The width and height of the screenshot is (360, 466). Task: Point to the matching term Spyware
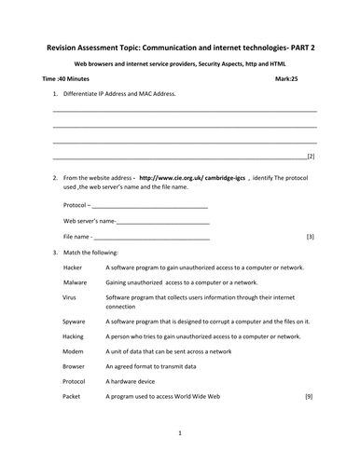75,321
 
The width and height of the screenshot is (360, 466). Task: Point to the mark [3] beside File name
310,238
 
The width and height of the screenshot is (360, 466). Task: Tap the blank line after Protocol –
149,205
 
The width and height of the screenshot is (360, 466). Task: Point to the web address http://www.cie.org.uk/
173,176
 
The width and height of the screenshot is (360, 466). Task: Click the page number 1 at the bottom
179,433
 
